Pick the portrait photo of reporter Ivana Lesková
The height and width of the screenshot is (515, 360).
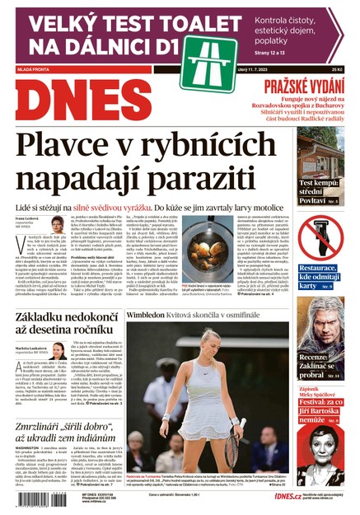pyautogui.click(x=57, y=224)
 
